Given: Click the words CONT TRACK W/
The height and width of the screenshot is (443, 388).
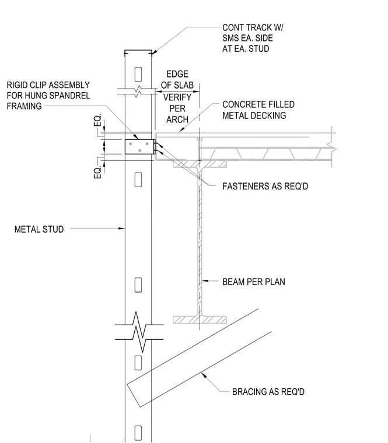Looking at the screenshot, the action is click(x=253, y=28).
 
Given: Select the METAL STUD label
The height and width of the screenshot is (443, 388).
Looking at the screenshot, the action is click(x=39, y=229).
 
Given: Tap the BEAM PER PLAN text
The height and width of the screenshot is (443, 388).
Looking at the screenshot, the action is click(x=254, y=282).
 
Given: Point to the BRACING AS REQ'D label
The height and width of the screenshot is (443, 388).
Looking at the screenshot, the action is click(x=268, y=392).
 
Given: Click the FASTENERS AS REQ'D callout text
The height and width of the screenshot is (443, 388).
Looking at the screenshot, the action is click(x=265, y=186).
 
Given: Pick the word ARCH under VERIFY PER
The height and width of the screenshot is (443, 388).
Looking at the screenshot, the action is click(x=177, y=119).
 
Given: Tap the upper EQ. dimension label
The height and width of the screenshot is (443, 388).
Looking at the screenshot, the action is click(x=97, y=120).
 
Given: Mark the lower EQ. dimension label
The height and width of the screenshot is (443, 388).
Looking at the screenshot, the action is click(x=97, y=172).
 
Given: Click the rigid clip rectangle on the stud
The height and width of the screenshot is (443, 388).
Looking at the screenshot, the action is click(x=139, y=147).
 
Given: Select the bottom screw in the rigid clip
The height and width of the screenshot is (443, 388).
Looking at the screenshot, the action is click(x=140, y=150).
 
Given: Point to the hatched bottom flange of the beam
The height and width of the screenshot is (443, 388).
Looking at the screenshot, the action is click(x=200, y=320).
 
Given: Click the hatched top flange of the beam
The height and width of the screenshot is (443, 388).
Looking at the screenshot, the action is click(x=200, y=164).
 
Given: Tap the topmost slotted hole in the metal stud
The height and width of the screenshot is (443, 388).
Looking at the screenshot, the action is click(x=138, y=74).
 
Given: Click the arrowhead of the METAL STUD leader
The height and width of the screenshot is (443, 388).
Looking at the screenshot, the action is click(x=122, y=228).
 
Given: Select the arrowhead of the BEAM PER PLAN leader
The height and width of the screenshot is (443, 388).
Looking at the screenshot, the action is click(x=205, y=281).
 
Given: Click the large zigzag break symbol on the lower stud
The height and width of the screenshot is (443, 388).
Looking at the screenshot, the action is click(x=139, y=332).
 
